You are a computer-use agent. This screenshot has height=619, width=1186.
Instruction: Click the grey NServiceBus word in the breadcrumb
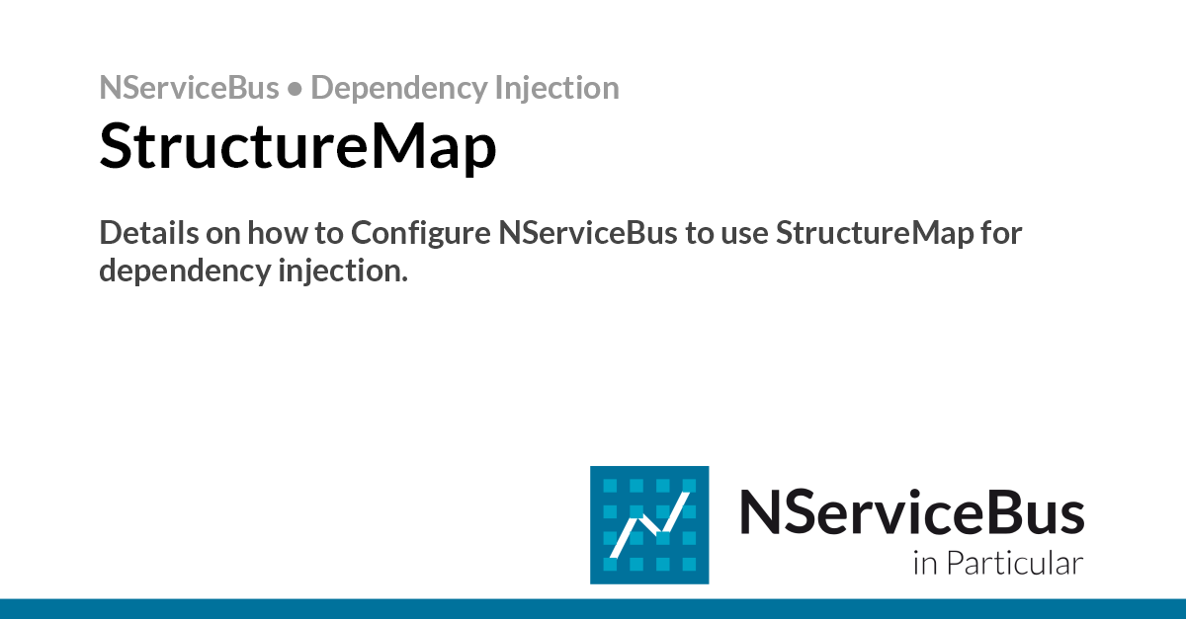pos(189,87)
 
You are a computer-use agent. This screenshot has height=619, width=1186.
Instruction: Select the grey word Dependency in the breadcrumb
pos(398,89)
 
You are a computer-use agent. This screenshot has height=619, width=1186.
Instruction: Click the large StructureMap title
pos(298,146)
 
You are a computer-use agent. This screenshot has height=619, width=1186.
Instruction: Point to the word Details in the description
pos(149,233)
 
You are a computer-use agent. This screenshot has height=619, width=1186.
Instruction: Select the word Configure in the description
pos(421,234)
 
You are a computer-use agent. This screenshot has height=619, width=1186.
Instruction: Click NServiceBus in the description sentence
pos(588,233)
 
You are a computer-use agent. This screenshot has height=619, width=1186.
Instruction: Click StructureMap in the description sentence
pos(875,234)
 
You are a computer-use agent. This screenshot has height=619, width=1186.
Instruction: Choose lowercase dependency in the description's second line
pos(186,271)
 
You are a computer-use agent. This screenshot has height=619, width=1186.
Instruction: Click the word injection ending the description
pos(343,271)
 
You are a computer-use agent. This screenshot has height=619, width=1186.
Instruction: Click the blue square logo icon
pos(649,525)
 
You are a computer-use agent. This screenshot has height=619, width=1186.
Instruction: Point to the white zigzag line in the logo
pos(649,524)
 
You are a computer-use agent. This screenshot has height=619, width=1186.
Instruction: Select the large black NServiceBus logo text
pos(911,511)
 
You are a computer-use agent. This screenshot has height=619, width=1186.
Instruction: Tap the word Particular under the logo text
pos(1014,563)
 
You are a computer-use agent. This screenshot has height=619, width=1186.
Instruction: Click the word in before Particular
pos(925,564)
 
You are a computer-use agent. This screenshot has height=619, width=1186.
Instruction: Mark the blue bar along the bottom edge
pos(593,609)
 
